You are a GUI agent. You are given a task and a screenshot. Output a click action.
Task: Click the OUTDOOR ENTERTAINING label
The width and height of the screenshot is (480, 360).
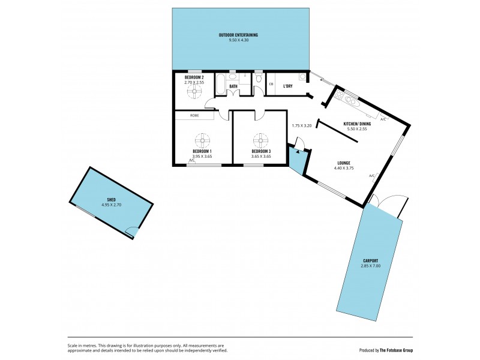coord(240,35)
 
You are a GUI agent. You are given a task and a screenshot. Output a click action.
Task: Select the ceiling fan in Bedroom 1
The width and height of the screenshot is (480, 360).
coord(202,139)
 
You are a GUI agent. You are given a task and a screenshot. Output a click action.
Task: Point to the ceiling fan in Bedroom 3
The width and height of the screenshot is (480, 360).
coord(261,139)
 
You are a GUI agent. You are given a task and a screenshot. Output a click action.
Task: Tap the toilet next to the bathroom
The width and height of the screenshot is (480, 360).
coord(259,79)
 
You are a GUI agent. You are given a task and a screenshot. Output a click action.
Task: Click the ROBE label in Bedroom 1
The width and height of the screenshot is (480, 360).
coord(194,115)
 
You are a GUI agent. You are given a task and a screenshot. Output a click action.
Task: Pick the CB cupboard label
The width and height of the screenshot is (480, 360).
coord(271,84)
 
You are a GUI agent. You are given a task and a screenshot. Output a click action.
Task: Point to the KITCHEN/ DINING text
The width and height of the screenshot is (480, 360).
coord(355,124)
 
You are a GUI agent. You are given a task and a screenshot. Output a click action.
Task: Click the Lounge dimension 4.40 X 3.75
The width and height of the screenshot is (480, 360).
coord(344,168)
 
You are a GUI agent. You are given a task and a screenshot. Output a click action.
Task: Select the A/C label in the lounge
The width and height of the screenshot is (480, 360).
coord(372,176)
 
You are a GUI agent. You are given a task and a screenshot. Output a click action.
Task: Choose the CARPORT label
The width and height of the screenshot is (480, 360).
coord(370,260)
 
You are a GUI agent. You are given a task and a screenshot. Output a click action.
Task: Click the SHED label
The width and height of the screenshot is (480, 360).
coord(111,199)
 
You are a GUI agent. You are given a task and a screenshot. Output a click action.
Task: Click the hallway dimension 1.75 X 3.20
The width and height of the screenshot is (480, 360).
coord(302,126)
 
